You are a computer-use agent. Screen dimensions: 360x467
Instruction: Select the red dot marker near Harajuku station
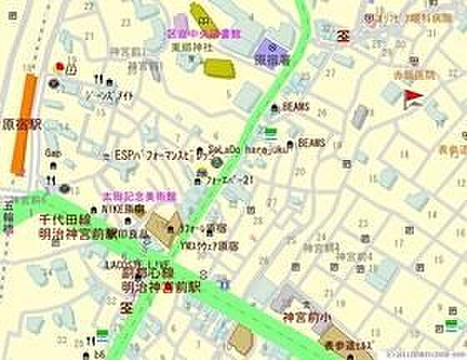(x=59, y=66)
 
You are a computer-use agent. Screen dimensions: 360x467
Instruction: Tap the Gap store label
(x=53, y=154)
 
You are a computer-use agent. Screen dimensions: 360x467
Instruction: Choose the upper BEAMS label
(x=296, y=107)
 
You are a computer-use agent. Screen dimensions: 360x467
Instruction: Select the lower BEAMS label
(x=310, y=142)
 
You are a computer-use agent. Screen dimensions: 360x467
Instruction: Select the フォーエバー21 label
(x=229, y=177)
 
